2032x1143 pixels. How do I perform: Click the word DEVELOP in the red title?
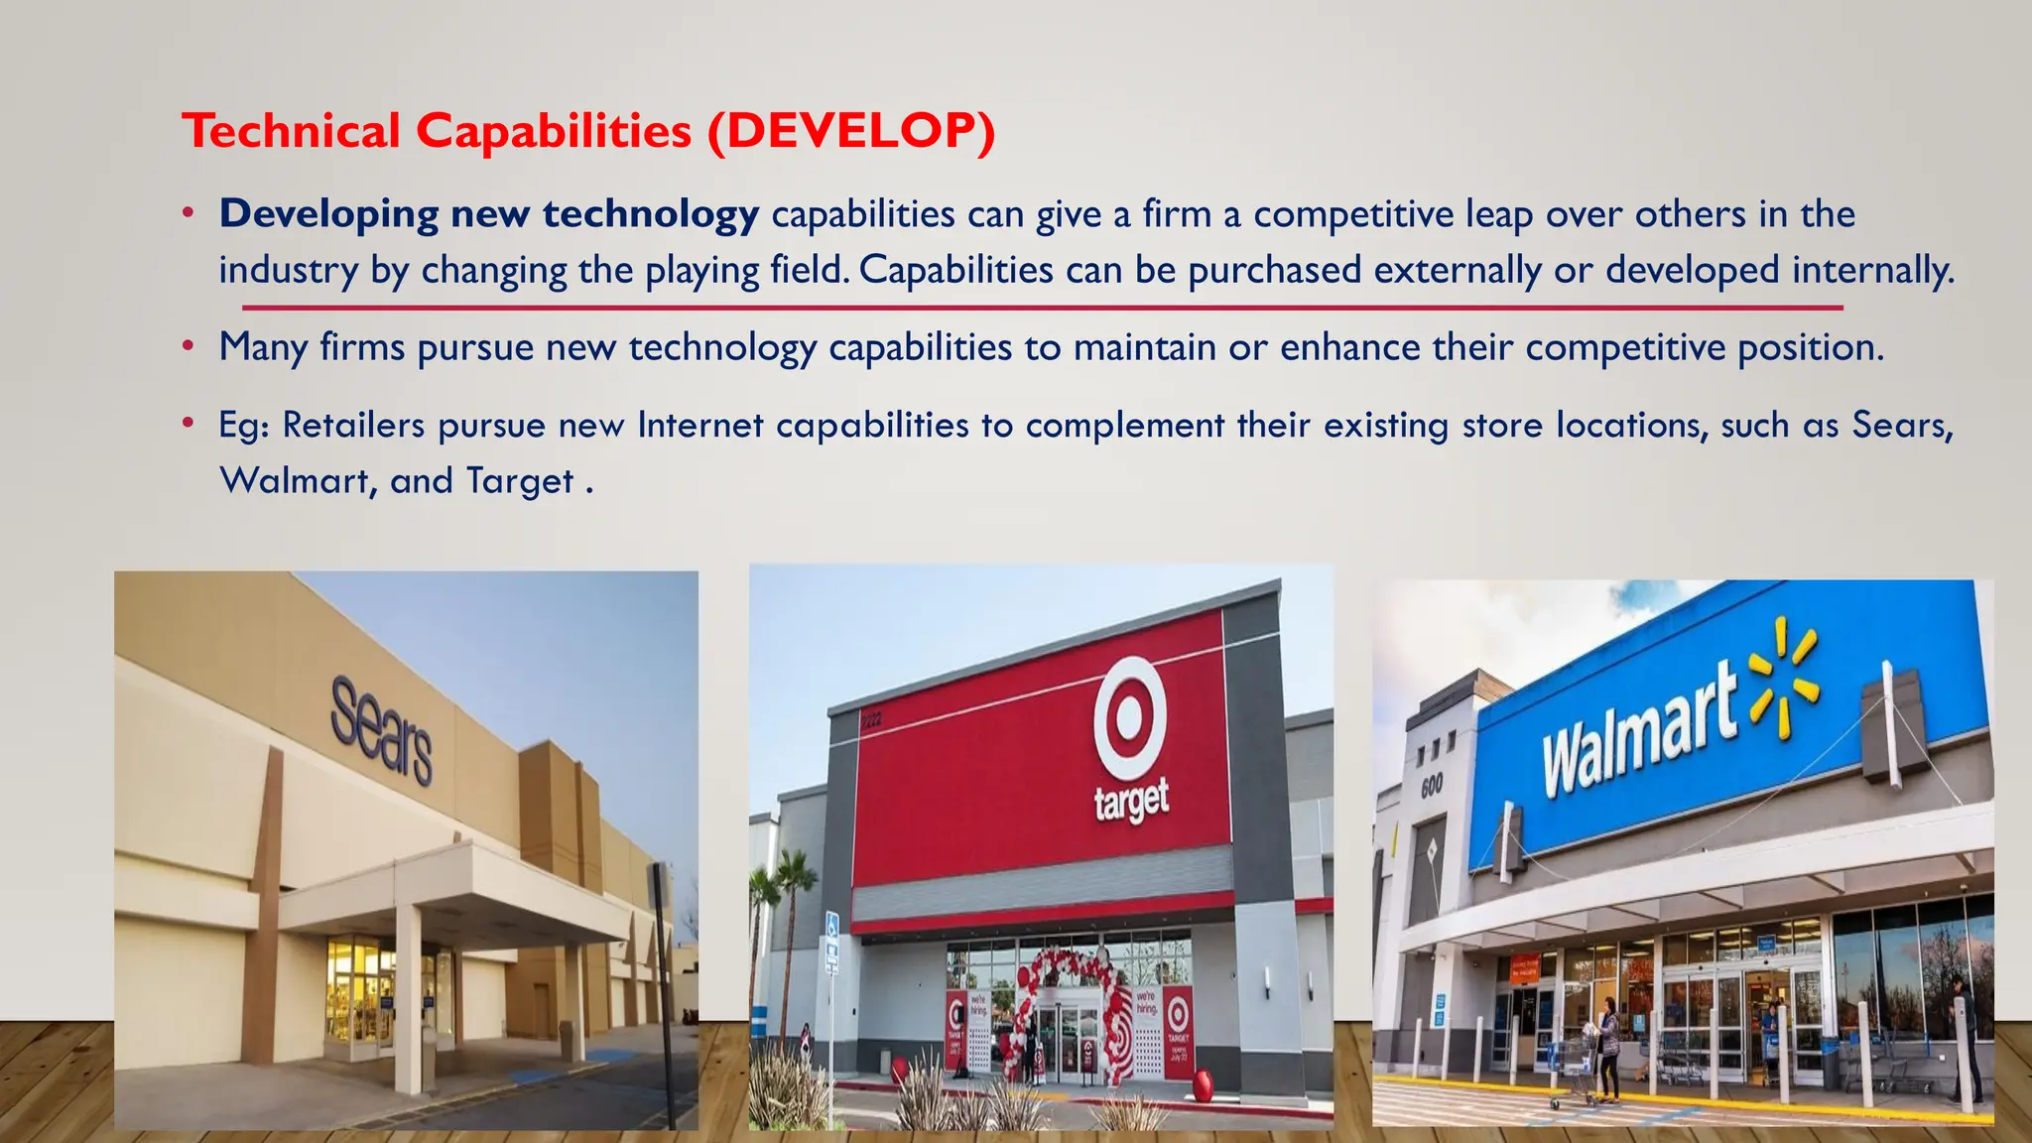tap(850, 131)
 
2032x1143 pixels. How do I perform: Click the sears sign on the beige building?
tap(381, 730)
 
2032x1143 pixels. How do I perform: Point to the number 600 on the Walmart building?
tap(1432, 787)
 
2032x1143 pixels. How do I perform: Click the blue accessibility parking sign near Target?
tap(831, 927)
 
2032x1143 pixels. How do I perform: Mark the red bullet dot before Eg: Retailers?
tap(188, 425)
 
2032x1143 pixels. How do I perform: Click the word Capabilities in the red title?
tap(553, 131)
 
